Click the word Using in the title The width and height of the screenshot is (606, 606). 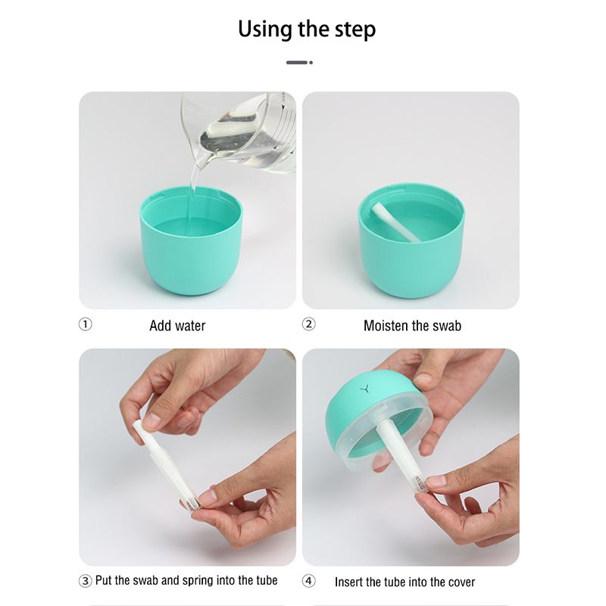(264, 30)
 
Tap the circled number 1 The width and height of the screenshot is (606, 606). (86, 324)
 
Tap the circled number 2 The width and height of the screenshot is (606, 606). (308, 324)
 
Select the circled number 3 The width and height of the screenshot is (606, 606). (85, 581)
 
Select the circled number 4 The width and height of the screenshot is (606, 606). (308, 581)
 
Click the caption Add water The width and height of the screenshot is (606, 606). (177, 326)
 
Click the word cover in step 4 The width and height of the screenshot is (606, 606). (462, 583)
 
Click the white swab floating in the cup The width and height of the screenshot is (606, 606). (396, 223)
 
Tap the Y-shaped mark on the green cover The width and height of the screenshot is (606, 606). (364, 389)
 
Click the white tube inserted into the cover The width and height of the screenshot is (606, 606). (402, 456)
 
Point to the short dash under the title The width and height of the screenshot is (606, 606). (299, 62)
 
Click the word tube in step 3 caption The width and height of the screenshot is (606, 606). (267, 580)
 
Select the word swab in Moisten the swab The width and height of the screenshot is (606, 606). (447, 326)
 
